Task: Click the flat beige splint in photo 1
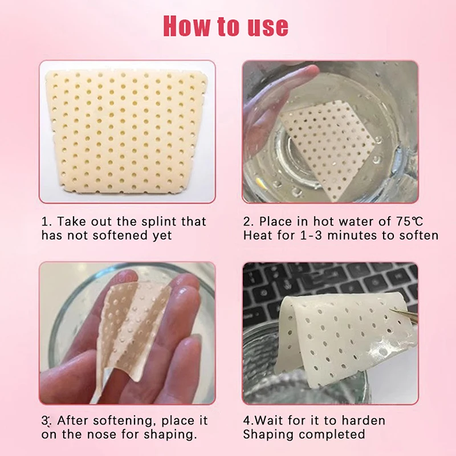(126, 132)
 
